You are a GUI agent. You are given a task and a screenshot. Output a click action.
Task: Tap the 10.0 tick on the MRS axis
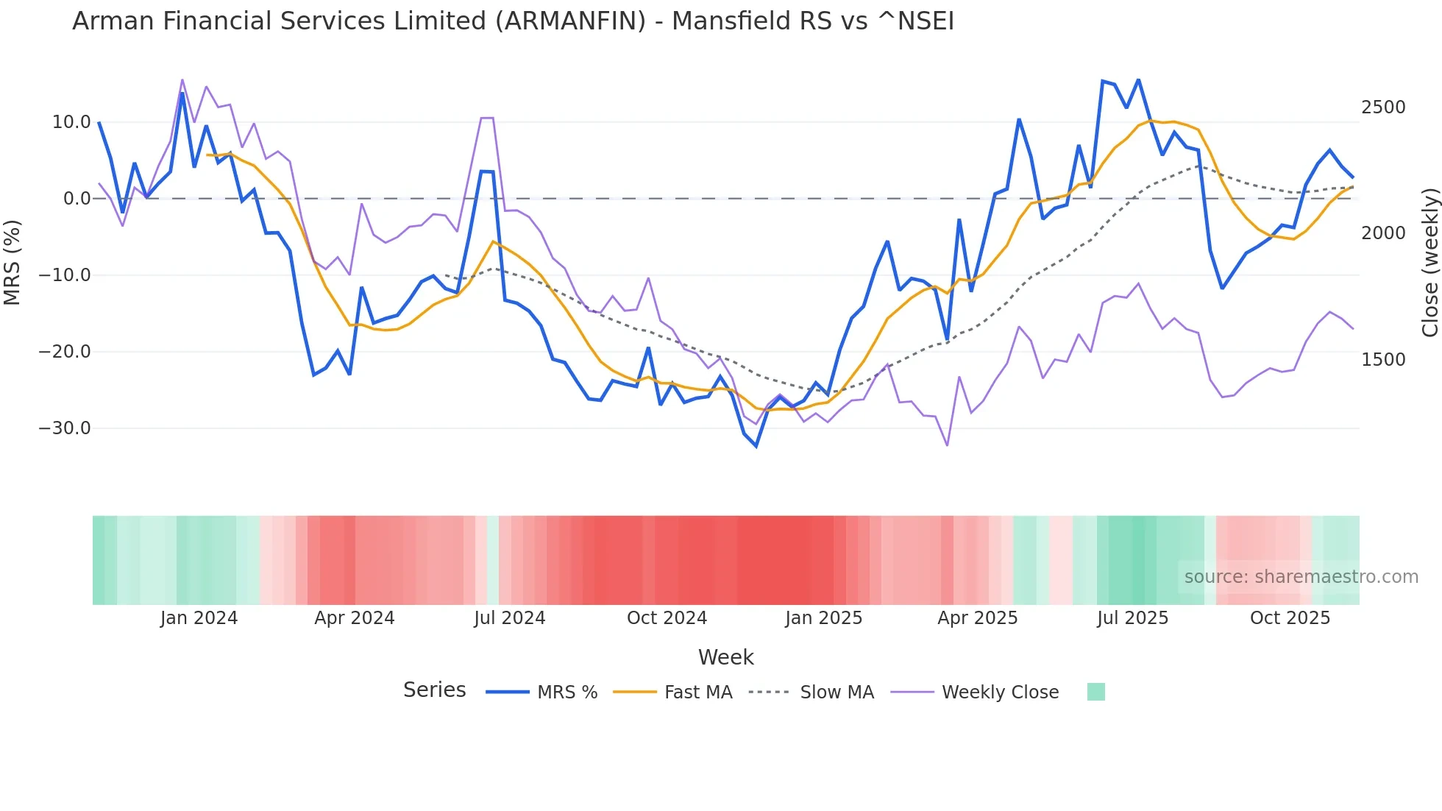click(71, 122)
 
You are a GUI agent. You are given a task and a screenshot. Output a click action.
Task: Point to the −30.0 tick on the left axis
click(65, 428)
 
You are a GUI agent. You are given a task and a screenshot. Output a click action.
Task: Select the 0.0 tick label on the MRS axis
click(77, 199)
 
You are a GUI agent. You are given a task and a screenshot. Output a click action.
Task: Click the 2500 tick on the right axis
click(1383, 107)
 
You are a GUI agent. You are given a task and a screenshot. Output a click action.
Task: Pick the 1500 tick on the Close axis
click(1383, 360)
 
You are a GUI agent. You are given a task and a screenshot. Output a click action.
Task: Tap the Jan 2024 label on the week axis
click(199, 618)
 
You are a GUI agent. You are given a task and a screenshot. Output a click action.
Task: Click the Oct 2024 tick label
click(667, 618)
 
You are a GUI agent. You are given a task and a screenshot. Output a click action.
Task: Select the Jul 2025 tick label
click(1132, 618)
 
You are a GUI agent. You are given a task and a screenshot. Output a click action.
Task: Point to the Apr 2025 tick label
click(977, 618)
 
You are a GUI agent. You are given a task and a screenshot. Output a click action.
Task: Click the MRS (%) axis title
click(13, 263)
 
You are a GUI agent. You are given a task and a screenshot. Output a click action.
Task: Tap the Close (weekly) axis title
click(1429, 263)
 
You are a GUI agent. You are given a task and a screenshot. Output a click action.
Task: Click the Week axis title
click(725, 657)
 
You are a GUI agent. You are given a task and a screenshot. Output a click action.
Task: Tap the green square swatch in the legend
click(1095, 692)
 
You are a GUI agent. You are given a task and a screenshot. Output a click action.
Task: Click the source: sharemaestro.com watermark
click(1301, 577)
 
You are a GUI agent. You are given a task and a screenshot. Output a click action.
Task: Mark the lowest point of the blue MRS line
click(756, 446)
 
